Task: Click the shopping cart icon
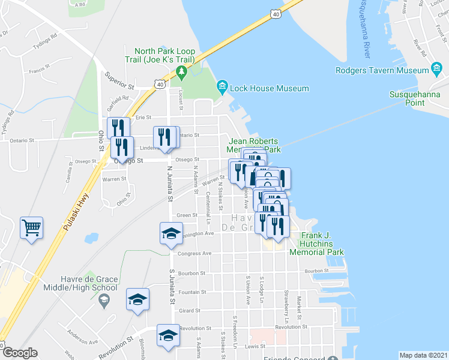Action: [31, 227]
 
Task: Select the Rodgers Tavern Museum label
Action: [382, 70]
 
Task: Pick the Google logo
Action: [19, 353]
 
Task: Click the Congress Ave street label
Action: [198, 253]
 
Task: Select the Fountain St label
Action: [193, 292]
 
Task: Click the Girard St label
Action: [189, 310]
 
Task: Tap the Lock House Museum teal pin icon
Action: [222, 88]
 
